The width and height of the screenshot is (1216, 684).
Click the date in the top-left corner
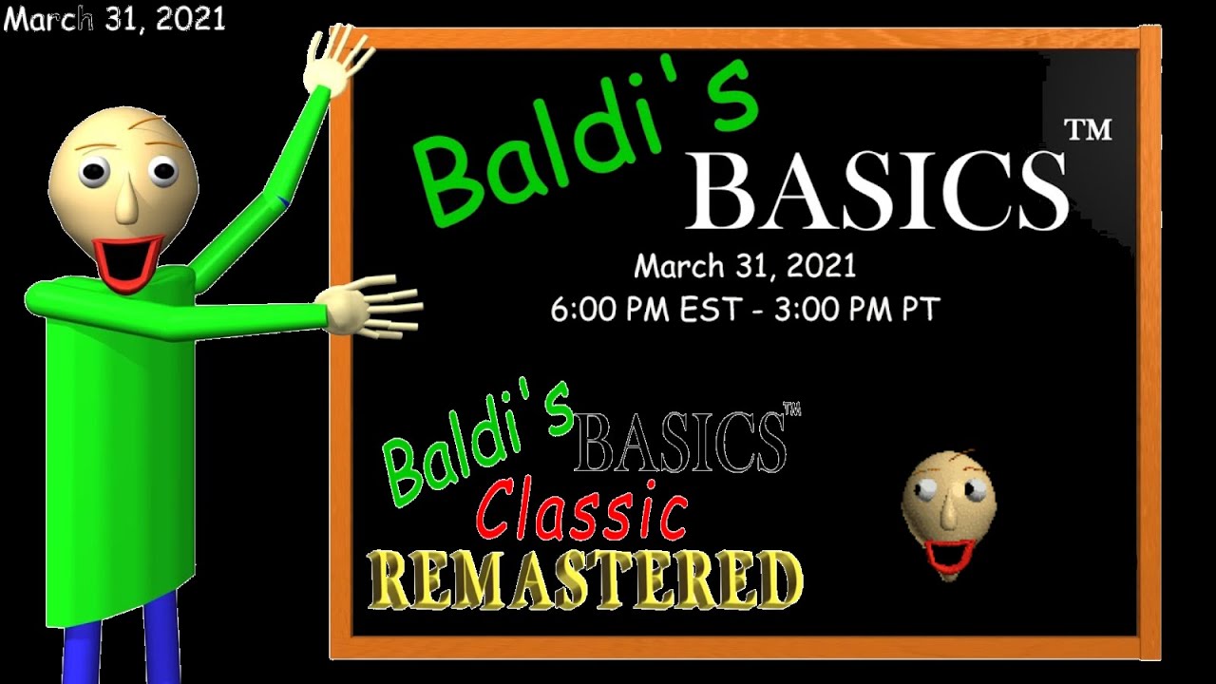[x=114, y=19]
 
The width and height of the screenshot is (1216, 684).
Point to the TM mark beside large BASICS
[x=1089, y=129]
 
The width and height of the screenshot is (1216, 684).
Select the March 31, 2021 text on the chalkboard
[x=745, y=266]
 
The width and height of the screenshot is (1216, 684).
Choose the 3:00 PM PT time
[x=856, y=309]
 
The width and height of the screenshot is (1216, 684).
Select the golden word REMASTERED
[x=585, y=579]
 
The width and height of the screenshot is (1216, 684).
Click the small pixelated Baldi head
[x=948, y=513]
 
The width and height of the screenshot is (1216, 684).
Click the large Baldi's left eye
[x=93, y=174]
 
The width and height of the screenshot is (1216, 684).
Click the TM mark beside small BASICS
[x=791, y=410]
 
